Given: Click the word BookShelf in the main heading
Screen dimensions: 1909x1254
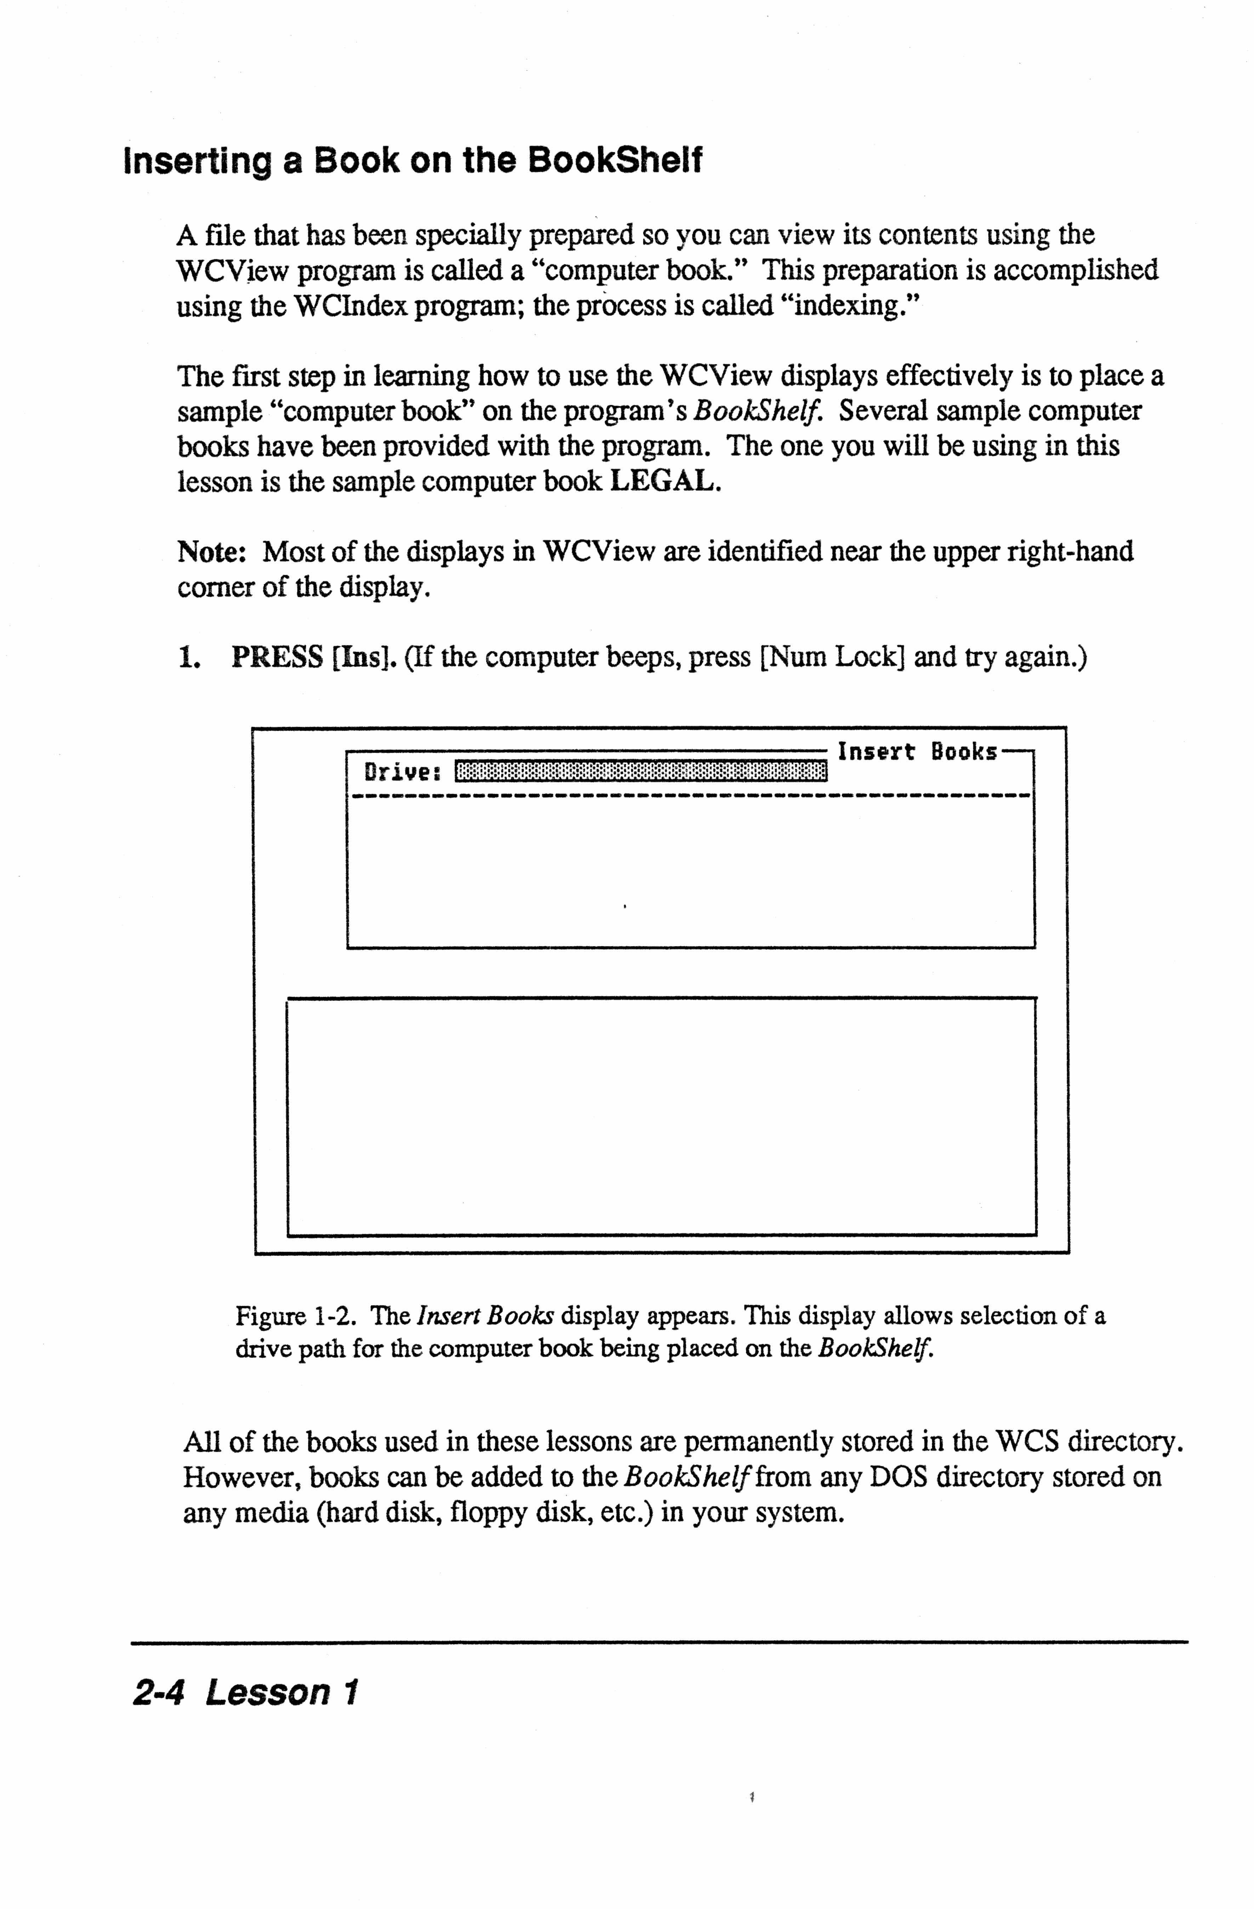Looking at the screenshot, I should (x=615, y=160).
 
